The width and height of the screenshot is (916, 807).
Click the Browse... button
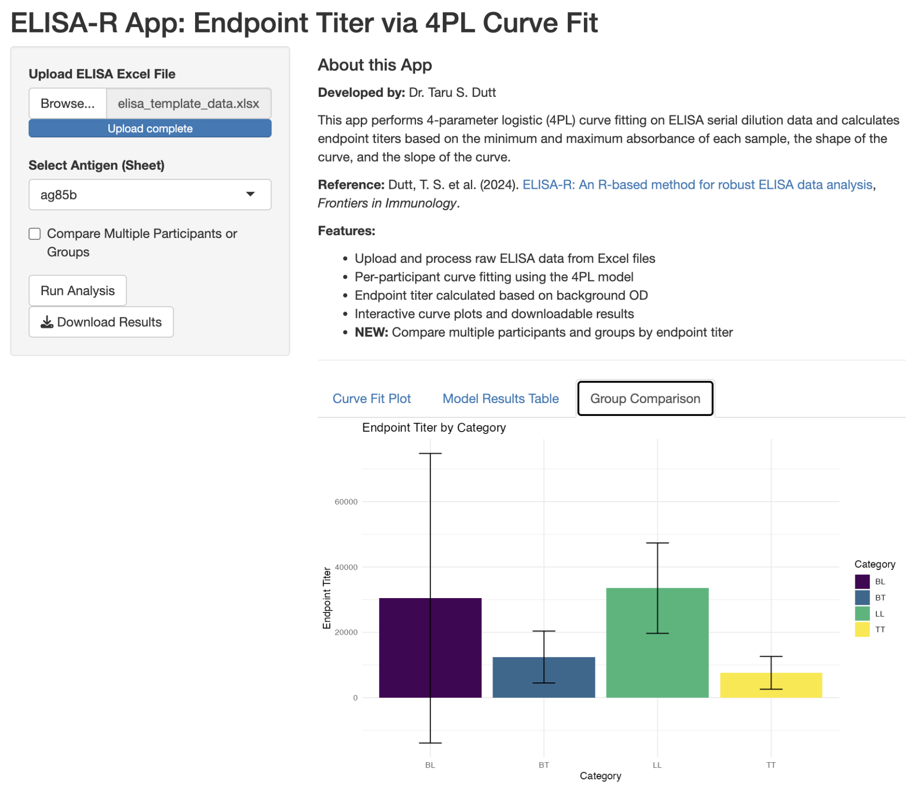pyautogui.click(x=67, y=103)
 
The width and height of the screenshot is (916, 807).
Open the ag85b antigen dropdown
pyautogui.click(x=150, y=195)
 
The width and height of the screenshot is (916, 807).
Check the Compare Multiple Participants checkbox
pyautogui.click(x=35, y=234)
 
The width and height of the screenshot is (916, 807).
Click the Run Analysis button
pyautogui.click(x=77, y=290)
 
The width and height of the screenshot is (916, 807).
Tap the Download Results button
pyautogui.click(x=101, y=322)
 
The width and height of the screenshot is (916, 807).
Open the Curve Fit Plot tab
pyautogui.click(x=371, y=398)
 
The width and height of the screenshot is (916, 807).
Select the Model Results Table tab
pyautogui.click(x=500, y=398)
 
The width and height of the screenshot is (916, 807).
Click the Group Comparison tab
pyautogui.click(x=645, y=398)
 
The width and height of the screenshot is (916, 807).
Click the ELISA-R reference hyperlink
pyautogui.click(x=697, y=185)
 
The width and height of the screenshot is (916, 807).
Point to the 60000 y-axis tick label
pyautogui.click(x=346, y=502)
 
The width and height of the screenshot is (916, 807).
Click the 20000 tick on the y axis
pyautogui.click(x=346, y=632)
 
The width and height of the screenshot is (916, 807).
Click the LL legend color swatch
pyautogui.click(x=862, y=613)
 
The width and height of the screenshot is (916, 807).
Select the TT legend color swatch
pyautogui.click(x=862, y=630)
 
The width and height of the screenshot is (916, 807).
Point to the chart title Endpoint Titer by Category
pyautogui.click(x=434, y=427)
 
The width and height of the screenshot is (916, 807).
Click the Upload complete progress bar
pyautogui.click(x=150, y=129)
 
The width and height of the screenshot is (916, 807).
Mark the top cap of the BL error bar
pyautogui.click(x=430, y=454)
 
